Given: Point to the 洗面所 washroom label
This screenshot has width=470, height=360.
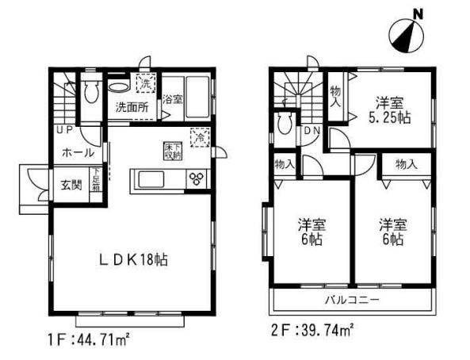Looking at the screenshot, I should [x=131, y=106].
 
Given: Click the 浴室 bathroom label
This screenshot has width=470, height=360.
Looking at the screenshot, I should [x=172, y=101].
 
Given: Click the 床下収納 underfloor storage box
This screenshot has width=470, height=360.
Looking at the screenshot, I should [x=174, y=151].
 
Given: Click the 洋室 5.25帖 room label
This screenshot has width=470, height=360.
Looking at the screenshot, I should [x=390, y=108].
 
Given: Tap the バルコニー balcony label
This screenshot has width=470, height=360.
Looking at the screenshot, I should [x=352, y=300].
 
